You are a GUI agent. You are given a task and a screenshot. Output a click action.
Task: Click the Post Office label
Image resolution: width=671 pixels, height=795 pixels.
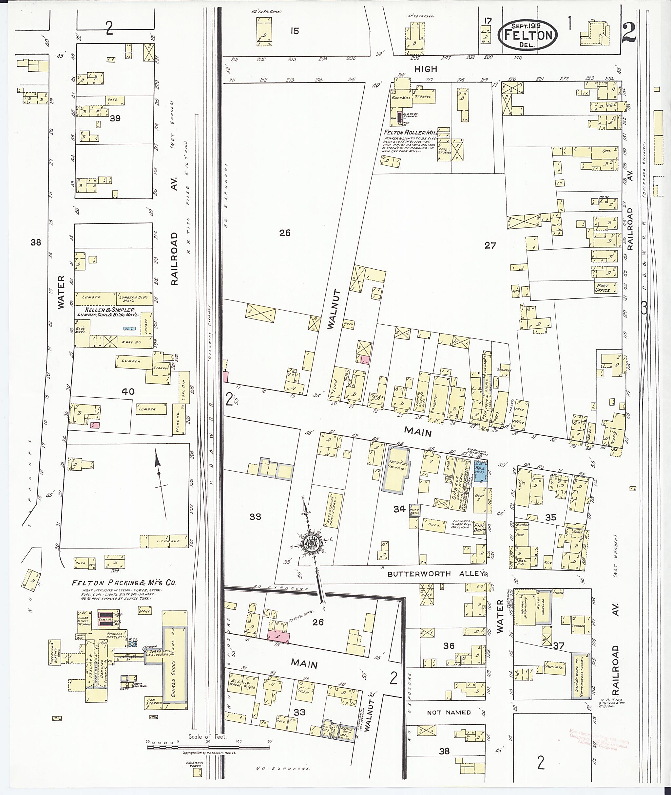(x=603, y=288)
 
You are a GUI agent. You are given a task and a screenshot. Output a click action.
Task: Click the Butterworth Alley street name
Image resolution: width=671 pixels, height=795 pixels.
(x=435, y=574)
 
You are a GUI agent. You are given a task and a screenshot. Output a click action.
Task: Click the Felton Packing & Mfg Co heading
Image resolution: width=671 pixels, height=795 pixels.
(x=124, y=583)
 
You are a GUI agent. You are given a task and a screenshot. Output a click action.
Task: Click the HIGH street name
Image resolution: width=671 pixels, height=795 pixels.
(x=426, y=69)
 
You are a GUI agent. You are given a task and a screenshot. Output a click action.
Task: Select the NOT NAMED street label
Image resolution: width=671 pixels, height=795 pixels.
(x=449, y=712)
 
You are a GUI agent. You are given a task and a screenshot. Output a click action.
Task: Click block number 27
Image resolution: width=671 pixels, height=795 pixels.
(x=490, y=245)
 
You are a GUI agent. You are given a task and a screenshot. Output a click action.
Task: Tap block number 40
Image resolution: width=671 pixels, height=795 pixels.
(x=128, y=391)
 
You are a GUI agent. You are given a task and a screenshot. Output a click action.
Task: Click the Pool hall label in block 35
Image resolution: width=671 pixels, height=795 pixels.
(x=520, y=534)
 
